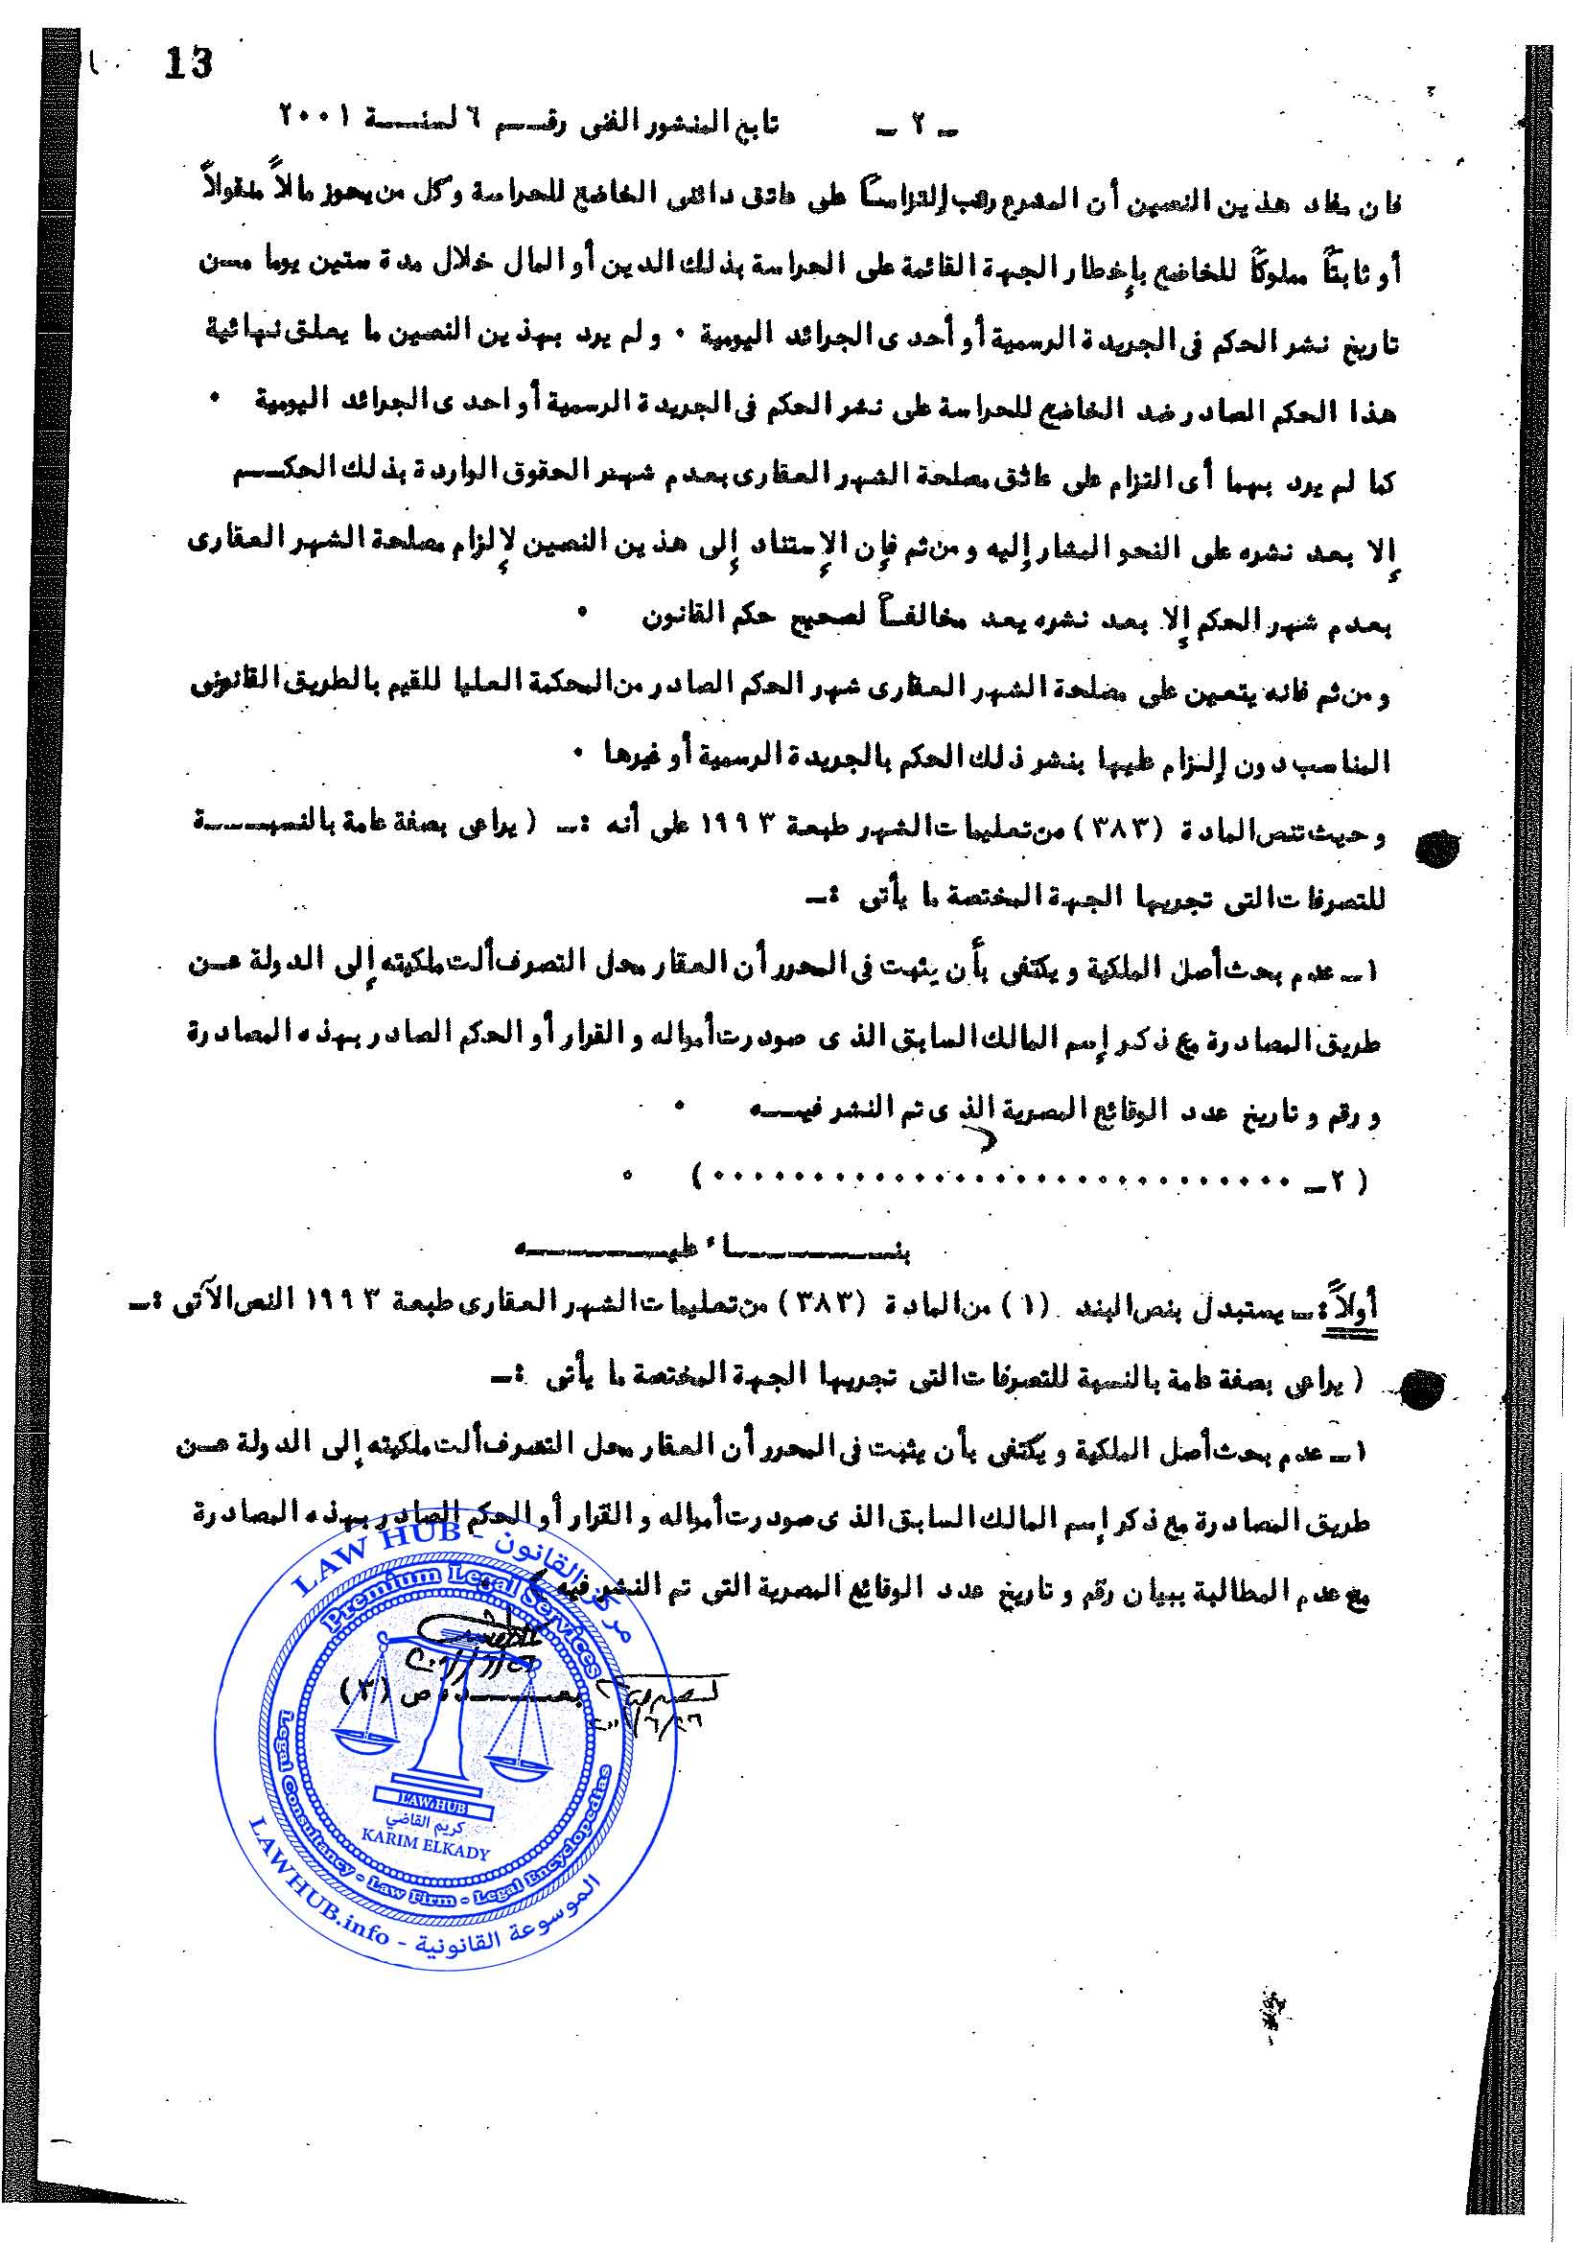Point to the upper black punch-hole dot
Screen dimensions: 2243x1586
(x=1435, y=849)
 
